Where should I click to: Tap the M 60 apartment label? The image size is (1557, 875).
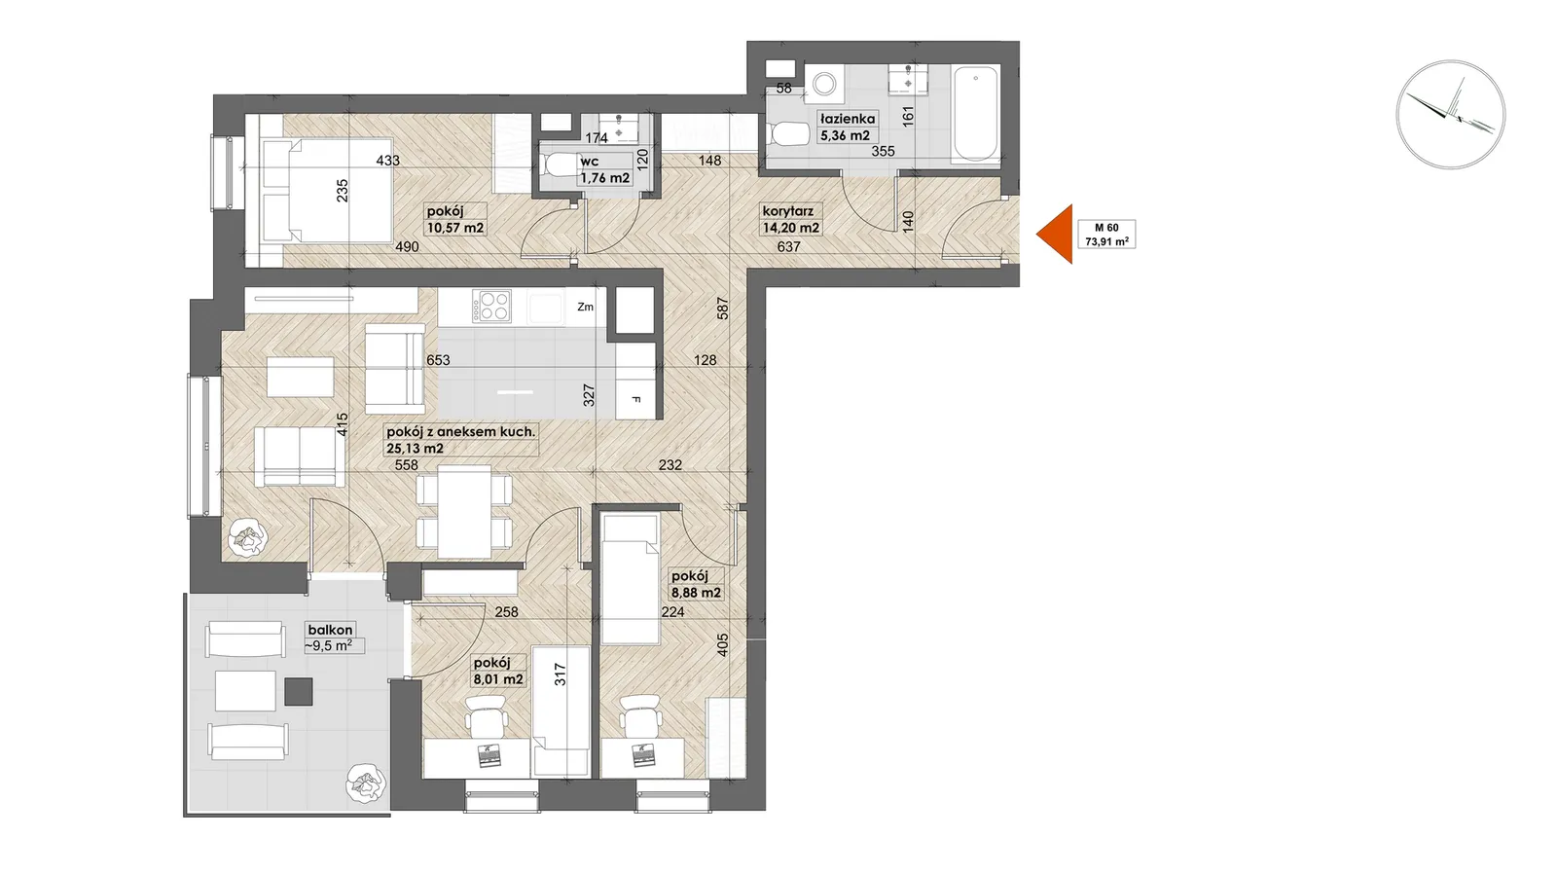1106,235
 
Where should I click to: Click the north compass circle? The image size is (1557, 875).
1451,115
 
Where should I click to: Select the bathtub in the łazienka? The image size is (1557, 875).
977,113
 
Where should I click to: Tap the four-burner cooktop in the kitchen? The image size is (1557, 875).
491,306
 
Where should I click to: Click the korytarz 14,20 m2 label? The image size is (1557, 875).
791,219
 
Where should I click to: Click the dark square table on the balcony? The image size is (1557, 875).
298,691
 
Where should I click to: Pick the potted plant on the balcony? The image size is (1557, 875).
366,784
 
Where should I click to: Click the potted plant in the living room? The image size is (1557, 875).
248,536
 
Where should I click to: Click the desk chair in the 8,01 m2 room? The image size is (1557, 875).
486,714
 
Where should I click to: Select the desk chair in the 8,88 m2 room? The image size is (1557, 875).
639,714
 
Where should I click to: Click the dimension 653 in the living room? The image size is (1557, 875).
439,360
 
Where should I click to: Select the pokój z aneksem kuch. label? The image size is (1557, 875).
461,440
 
